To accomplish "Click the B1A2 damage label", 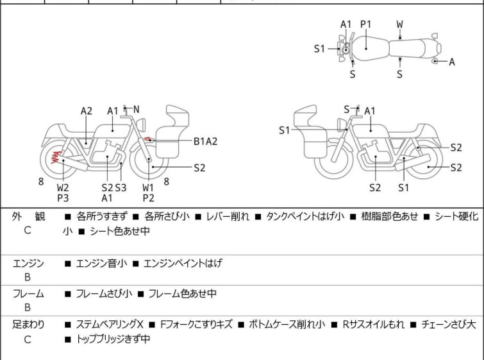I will (206, 141).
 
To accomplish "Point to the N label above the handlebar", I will (136, 109).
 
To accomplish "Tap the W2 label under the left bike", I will (63, 187).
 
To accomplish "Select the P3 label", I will (63, 198).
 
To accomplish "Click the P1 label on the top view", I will (366, 24).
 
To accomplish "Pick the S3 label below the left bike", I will (121, 187).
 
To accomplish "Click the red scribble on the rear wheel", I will (58, 155).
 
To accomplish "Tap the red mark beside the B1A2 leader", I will (149, 139).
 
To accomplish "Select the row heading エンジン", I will (28, 263).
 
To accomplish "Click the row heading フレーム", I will (28, 294).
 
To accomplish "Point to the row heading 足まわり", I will (28, 325).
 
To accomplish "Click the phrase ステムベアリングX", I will (112, 325).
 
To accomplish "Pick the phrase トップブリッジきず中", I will (112, 339).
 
